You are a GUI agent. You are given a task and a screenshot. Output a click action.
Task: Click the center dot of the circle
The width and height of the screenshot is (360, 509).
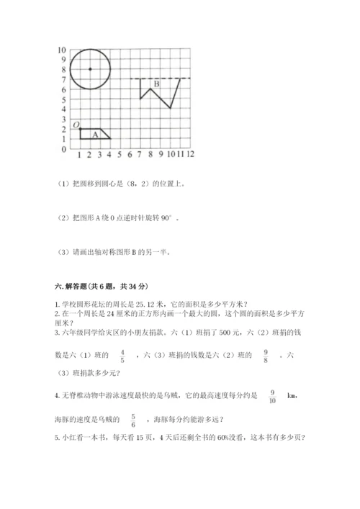tap(89, 69)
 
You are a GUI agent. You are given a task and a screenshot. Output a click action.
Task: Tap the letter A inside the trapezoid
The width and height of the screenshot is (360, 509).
tap(94, 133)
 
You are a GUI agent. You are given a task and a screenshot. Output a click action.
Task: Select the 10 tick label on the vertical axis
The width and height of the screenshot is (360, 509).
tap(62, 50)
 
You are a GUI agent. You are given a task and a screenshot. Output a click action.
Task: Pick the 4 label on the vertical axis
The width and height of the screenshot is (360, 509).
tap(64, 109)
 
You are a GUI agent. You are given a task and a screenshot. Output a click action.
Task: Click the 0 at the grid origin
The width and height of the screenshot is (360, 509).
tap(64, 149)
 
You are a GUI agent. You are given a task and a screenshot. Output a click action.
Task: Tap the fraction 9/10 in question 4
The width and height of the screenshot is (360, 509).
tap(273, 395)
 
